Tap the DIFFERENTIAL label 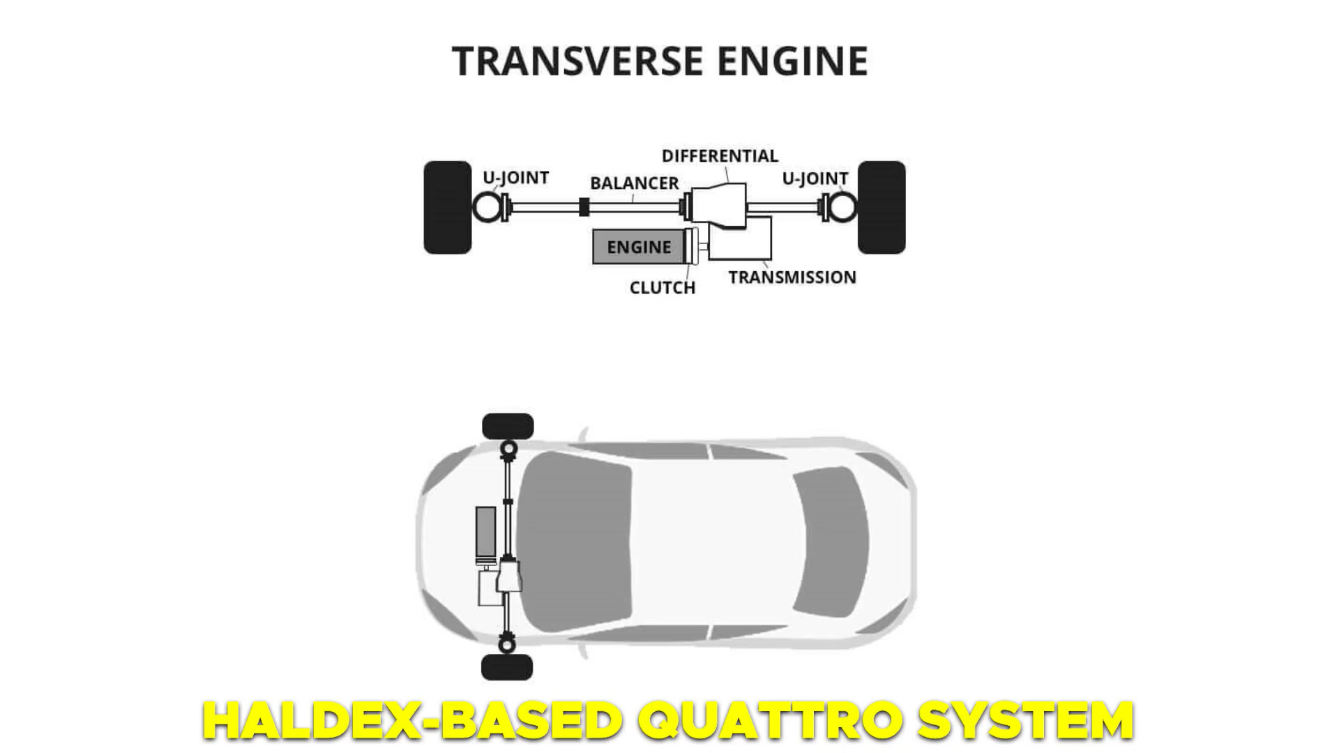(x=720, y=155)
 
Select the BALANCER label (x=634, y=183)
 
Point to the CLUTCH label (x=662, y=288)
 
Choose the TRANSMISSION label (x=792, y=277)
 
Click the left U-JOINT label (x=515, y=178)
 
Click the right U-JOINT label (x=815, y=179)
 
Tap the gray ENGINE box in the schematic (x=637, y=247)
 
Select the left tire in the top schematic (x=448, y=208)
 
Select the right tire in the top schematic (x=882, y=208)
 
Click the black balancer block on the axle (x=584, y=207)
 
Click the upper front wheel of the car (x=508, y=427)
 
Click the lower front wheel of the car (x=507, y=667)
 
